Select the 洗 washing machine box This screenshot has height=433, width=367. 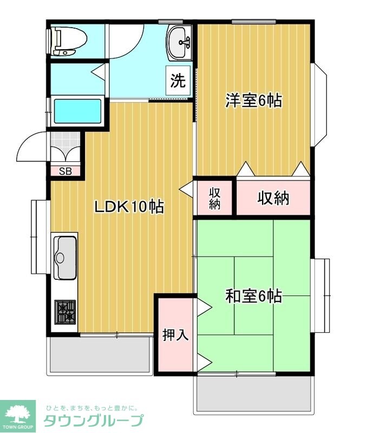tap(178, 81)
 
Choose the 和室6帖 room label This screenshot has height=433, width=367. tap(253, 296)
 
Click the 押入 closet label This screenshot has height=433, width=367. tap(175, 334)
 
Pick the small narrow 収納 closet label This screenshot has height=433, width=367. tap(214, 198)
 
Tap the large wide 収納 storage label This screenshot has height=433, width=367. tap(273, 198)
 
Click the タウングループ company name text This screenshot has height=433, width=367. tap(93, 421)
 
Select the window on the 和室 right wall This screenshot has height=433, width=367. tap(322, 295)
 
